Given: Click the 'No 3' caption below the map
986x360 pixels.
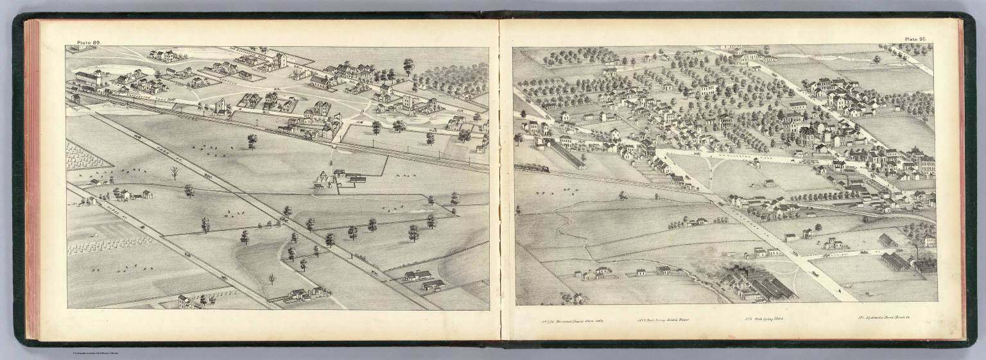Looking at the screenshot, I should [x=763, y=318].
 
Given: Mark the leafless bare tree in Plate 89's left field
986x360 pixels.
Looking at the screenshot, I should [x=174, y=173].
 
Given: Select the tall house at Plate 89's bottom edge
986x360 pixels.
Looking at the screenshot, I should [x=184, y=301].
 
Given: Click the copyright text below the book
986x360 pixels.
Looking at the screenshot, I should [x=99, y=354].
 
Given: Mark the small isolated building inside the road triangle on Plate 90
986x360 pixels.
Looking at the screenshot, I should [x=769, y=183].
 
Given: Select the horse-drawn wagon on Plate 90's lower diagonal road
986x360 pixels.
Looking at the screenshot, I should [x=814, y=274].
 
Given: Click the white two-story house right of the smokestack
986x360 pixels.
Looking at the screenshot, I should [x=929, y=241].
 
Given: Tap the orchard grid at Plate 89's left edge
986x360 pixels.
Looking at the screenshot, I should [x=80, y=157].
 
